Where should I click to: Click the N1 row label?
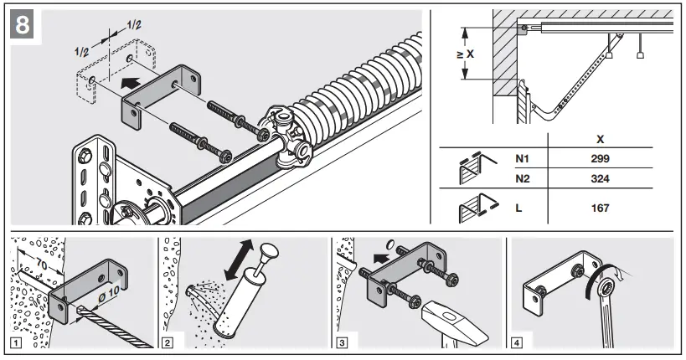[x=523, y=157]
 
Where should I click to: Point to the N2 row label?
[x=523, y=178]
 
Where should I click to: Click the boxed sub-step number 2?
[x=168, y=342]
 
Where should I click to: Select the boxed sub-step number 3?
[x=342, y=342]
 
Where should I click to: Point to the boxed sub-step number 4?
[x=517, y=342]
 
